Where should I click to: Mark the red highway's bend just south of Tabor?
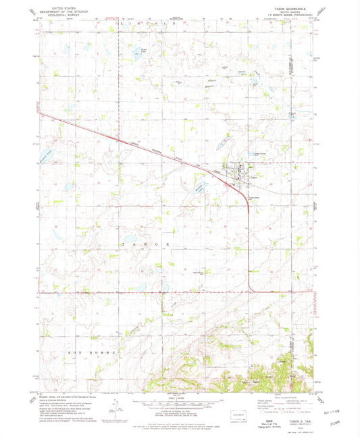tap(251, 202)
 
